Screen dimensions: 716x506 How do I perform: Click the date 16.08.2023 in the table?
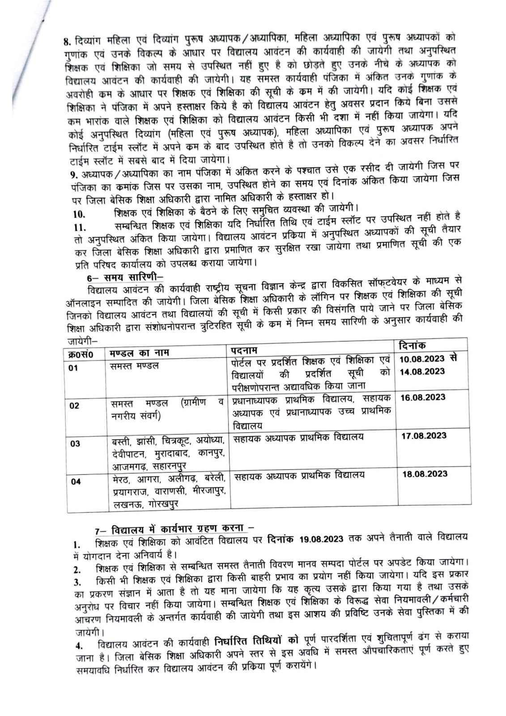(423, 397)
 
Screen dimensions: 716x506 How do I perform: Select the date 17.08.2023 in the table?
(424, 435)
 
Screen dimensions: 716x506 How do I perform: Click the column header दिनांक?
(412, 345)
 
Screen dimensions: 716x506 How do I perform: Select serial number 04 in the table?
(76, 482)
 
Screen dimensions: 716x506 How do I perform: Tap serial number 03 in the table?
(75, 443)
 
